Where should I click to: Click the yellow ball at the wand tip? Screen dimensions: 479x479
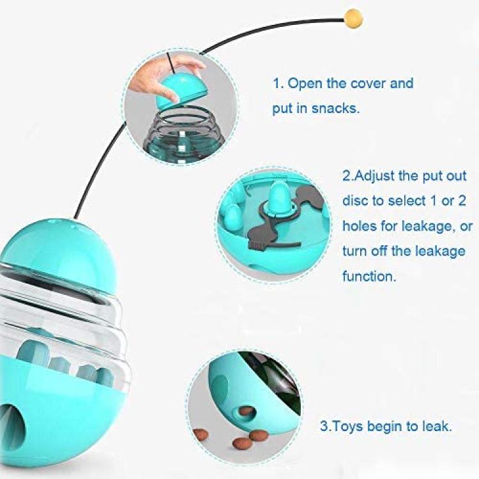tap(353, 18)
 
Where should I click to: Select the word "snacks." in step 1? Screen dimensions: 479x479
tap(335, 109)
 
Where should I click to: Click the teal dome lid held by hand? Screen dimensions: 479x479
tap(182, 89)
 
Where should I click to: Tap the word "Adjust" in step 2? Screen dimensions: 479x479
tap(377, 176)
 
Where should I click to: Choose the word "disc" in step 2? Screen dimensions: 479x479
tap(354, 201)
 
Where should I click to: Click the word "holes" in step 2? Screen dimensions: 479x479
tap(359, 226)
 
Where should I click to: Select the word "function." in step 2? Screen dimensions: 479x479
tap(369, 276)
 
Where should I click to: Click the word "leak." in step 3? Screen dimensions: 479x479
tap(437, 426)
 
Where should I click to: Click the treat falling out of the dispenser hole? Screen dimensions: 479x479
tap(247, 411)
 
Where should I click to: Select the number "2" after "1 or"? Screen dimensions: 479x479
tap(461, 201)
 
